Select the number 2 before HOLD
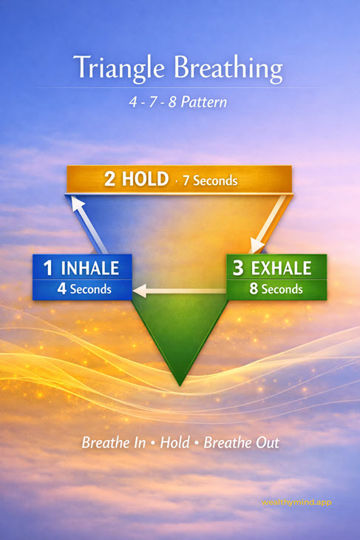point(109,180)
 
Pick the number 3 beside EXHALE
point(237,267)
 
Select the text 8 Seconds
point(276,289)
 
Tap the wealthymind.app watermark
point(296,502)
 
